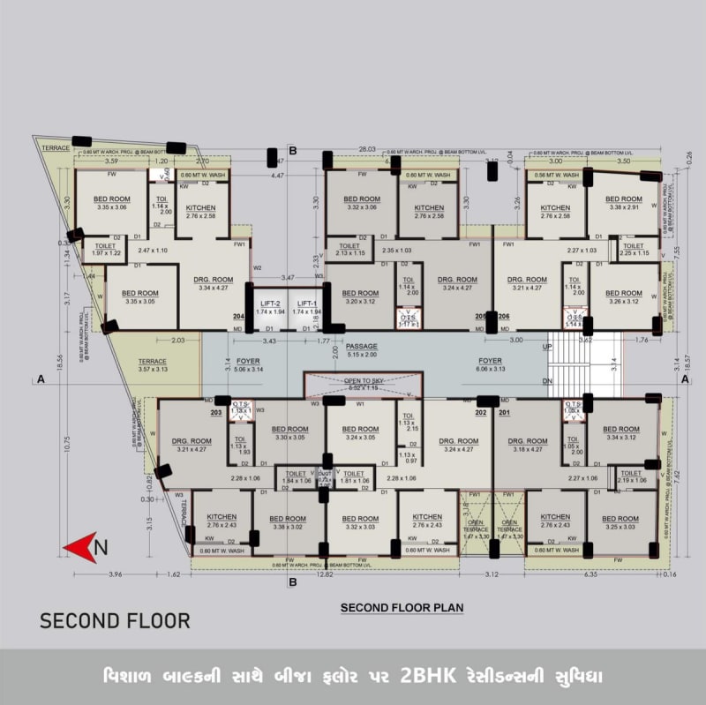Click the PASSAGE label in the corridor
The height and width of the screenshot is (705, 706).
click(x=361, y=346)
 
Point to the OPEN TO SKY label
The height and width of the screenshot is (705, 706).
click(x=362, y=380)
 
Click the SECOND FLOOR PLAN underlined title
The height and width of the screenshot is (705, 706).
click(x=402, y=608)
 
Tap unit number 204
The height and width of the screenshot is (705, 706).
click(x=238, y=317)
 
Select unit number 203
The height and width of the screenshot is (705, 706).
click(x=216, y=412)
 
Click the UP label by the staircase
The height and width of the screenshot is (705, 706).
click(x=547, y=347)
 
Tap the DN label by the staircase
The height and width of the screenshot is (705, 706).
click(x=547, y=380)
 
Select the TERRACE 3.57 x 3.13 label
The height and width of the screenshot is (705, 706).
click(x=152, y=365)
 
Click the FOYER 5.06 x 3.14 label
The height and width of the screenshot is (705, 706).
click(x=247, y=365)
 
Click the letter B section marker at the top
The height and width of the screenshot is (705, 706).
click(x=292, y=150)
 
